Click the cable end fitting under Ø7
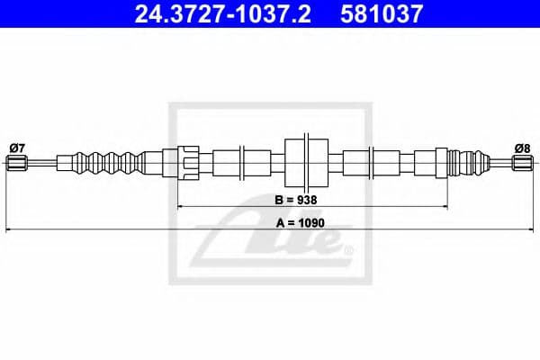14,163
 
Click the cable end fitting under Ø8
522,163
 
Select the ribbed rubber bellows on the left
112,163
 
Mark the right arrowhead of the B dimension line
447,208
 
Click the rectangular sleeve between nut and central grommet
226,163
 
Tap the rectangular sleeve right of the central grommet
361,163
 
